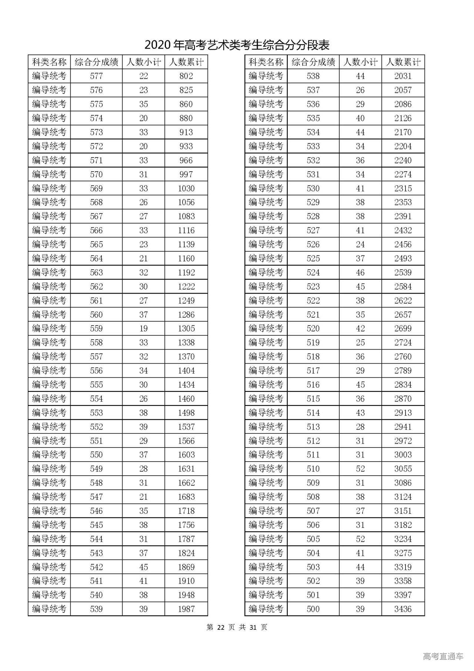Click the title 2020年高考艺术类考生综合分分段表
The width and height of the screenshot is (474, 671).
[237, 45]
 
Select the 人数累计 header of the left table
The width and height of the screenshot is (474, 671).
[186, 62]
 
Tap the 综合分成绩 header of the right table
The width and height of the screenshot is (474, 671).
[313, 62]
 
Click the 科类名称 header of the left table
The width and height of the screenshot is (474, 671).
[49, 62]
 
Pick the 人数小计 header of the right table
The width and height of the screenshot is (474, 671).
[360, 62]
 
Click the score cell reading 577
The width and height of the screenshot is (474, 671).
[96, 76]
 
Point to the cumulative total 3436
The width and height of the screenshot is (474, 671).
[403, 609]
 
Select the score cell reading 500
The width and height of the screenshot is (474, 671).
[313, 609]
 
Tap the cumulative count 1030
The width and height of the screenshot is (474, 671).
[186, 188]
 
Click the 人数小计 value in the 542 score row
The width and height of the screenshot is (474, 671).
[144, 567]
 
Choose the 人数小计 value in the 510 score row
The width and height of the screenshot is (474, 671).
[360, 469]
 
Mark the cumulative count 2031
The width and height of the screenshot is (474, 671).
[403, 76]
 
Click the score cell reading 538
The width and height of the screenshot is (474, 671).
[313, 76]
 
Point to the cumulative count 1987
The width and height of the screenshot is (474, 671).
[186, 609]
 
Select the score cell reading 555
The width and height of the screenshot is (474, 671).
[96, 384]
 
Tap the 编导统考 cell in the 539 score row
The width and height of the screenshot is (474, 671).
[49, 609]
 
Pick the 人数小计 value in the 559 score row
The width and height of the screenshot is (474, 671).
[144, 328]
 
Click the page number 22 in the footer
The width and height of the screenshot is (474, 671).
[221, 627]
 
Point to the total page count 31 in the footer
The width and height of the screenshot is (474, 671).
[253, 627]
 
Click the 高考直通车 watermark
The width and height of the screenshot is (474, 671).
[443, 657]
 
